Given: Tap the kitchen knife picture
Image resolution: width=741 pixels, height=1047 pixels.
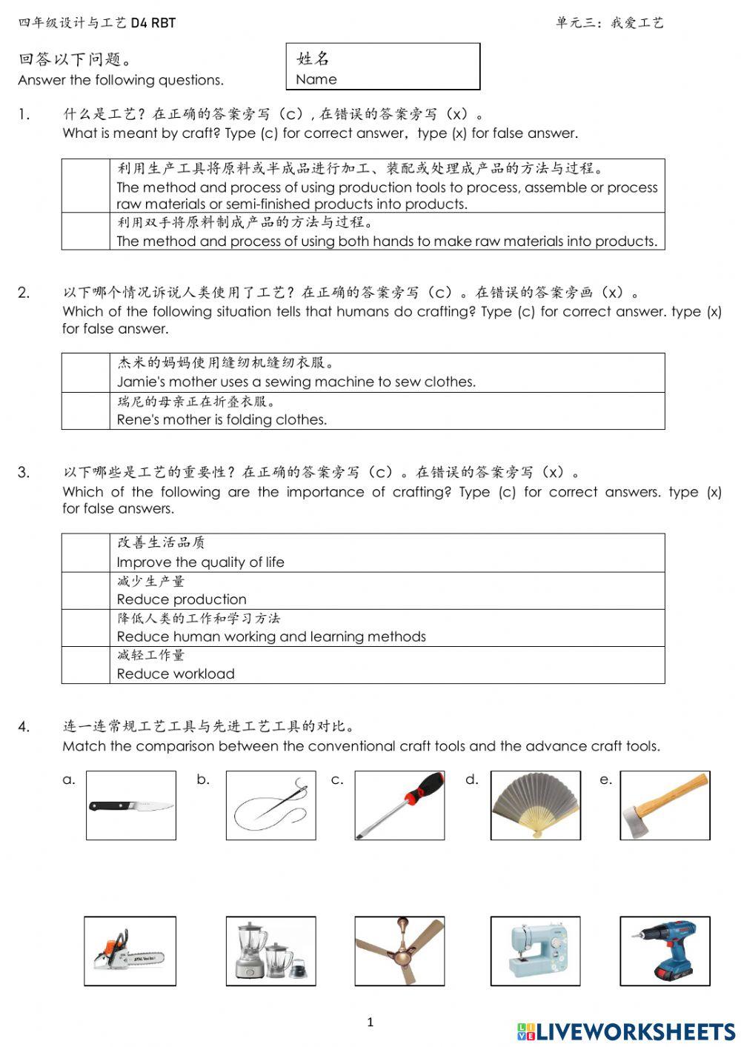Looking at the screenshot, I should (x=131, y=805).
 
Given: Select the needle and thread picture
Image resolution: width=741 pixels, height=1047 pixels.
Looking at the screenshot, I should (x=270, y=805).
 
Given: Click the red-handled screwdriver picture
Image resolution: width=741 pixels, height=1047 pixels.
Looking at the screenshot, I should (x=399, y=805).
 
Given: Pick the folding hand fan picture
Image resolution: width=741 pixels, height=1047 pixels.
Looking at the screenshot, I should (x=535, y=805).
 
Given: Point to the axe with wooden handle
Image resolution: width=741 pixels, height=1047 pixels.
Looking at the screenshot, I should (x=665, y=805).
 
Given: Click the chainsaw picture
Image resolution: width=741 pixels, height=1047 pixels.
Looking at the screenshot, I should (x=130, y=951).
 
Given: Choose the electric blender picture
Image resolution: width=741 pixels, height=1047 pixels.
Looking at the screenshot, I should (x=270, y=951).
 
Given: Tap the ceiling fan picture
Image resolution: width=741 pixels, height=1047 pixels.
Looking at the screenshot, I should (x=399, y=951).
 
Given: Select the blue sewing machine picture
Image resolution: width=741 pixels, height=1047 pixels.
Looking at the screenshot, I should (x=535, y=951).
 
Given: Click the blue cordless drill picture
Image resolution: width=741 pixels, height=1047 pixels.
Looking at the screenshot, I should (x=665, y=951).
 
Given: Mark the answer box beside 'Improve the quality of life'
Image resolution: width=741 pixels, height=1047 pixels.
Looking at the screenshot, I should (x=86, y=553).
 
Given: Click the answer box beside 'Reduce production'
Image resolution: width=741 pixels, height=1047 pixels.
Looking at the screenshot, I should (x=86, y=591).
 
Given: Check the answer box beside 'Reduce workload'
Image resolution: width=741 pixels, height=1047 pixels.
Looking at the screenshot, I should (x=86, y=665).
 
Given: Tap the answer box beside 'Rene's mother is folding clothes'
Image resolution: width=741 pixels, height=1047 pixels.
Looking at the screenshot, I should (x=86, y=411).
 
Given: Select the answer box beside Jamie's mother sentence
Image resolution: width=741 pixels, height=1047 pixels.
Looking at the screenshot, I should (x=86, y=373).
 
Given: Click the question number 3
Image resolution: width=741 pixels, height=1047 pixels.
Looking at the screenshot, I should (x=24, y=473).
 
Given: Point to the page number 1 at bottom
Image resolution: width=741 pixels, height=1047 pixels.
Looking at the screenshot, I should (x=370, y=1023).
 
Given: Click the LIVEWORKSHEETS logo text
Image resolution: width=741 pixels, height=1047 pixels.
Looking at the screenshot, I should (x=635, y=1031).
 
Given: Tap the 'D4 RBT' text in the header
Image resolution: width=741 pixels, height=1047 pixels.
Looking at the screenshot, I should (x=153, y=23).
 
